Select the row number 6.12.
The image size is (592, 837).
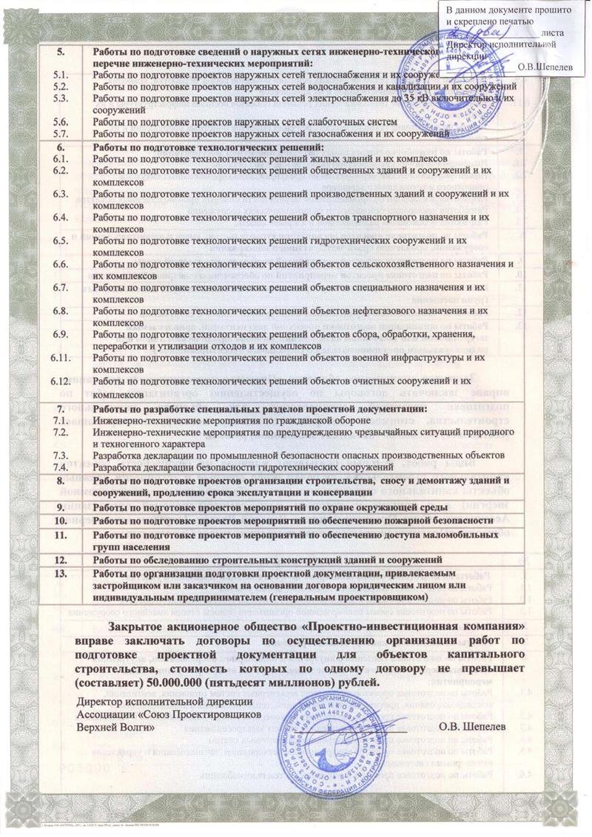tap(61, 382)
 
